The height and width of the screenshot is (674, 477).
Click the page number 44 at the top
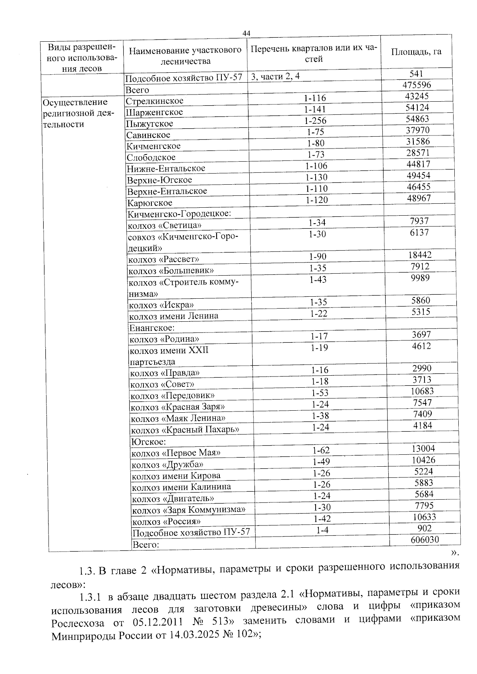tap(246, 33)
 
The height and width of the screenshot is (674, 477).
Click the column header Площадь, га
tap(416, 52)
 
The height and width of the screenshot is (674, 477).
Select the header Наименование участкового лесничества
tap(185, 56)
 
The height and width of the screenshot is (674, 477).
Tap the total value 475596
tap(417, 85)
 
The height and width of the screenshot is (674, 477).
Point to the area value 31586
tap(418, 141)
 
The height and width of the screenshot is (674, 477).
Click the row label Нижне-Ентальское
tap(166, 168)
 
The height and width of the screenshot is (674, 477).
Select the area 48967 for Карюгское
tap(419, 198)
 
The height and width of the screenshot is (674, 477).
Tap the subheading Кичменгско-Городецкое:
tap(179, 214)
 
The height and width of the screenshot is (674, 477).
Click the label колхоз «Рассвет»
tap(163, 259)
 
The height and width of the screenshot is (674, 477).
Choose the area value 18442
tap(420, 255)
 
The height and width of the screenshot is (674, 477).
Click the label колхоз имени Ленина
tap(174, 316)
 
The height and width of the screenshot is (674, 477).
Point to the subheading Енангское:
tap(152, 328)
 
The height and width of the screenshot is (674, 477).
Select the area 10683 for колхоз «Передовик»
tap(422, 391)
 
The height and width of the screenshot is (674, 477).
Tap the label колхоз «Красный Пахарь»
tap(185, 430)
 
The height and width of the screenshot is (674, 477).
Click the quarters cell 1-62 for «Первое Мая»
tap(321, 450)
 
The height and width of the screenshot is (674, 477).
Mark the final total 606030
tap(424, 539)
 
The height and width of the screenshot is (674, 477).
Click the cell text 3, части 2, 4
tap(275, 76)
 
